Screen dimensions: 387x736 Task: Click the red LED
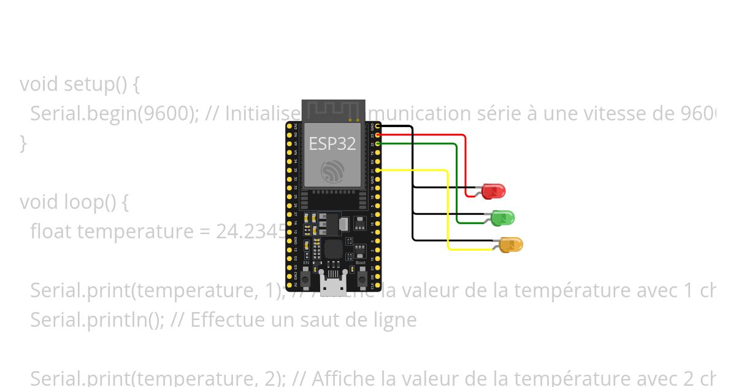tap(493, 191)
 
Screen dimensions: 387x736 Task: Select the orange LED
tap(511, 244)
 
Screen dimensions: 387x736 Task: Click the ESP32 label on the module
tap(332, 144)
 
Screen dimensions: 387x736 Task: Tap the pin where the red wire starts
tap(378, 135)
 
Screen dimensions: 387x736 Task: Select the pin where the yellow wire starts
tap(378, 170)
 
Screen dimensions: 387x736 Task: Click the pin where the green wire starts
tap(378, 143)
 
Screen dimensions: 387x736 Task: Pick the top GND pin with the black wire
tap(378, 126)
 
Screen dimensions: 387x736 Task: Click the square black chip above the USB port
tap(333, 249)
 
